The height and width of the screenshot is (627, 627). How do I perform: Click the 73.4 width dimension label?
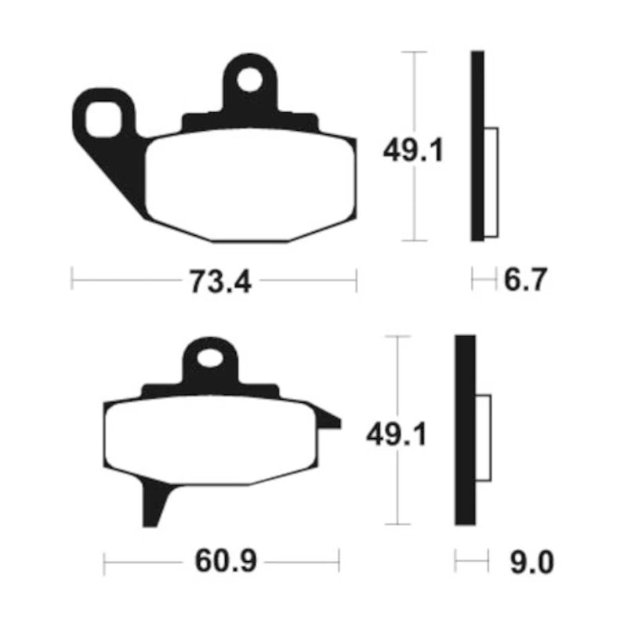coord(220,282)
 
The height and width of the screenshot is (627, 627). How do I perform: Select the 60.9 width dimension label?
coord(226,561)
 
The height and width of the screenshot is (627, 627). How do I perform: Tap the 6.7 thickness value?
coord(525,280)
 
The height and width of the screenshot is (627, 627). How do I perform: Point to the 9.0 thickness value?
coord(532,563)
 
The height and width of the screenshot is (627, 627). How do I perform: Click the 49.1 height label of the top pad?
coord(413,150)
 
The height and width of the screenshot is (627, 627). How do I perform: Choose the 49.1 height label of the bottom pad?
coord(397,435)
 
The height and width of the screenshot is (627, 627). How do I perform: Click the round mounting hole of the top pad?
coord(249,80)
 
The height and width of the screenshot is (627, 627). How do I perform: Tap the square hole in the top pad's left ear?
coord(103,119)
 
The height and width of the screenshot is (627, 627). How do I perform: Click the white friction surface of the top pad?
coord(251,185)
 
